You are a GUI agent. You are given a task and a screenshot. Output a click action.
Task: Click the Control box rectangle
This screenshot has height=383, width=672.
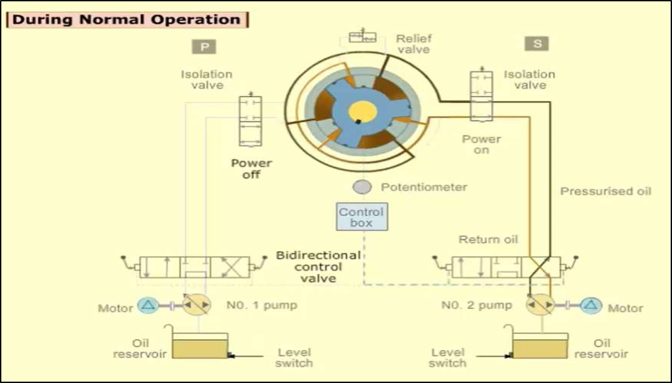pyautogui.click(x=361, y=217)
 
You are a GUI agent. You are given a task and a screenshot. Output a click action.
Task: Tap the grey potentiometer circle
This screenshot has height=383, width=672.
pyautogui.click(x=362, y=187)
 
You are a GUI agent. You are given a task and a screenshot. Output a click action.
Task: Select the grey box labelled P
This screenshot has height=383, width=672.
pyautogui.click(x=204, y=46)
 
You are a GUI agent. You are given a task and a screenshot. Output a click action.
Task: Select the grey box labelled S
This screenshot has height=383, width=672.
pyautogui.click(x=536, y=44)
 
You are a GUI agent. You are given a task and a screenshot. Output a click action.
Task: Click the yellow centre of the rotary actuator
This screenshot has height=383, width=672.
pyautogui.click(x=362, y=111)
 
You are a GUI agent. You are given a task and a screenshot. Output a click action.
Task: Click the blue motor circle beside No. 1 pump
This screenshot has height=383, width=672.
pyautogui.click(x=147, y=305)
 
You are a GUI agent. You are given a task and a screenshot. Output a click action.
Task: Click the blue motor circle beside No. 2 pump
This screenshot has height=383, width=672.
pyautogui.click(x=591, y=305)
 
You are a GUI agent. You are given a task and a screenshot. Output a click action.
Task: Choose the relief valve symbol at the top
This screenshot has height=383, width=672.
pyautogui.click(x=362, y=37)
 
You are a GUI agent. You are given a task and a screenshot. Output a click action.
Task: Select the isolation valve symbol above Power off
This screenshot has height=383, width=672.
pyautogui.click(x=250, y=121)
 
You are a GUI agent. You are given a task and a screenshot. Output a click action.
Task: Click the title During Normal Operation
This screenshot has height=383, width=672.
pyautogui.click(x=126, y=19)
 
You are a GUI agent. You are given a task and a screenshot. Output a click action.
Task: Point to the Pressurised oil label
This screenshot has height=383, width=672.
pyautogui.click(x=606, y=191)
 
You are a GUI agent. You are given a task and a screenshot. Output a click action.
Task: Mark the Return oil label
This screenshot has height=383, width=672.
pyautogui.click(x=488, y=239)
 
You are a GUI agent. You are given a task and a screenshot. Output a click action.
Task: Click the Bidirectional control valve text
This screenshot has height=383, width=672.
pyautogui.click(x=319, y=266)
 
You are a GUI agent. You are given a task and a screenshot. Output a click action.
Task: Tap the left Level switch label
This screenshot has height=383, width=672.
pyautogui.click(x=294, y=357)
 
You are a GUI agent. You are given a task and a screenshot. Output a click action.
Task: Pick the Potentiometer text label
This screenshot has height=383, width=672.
pyautogui.click(x=424, y=187)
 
